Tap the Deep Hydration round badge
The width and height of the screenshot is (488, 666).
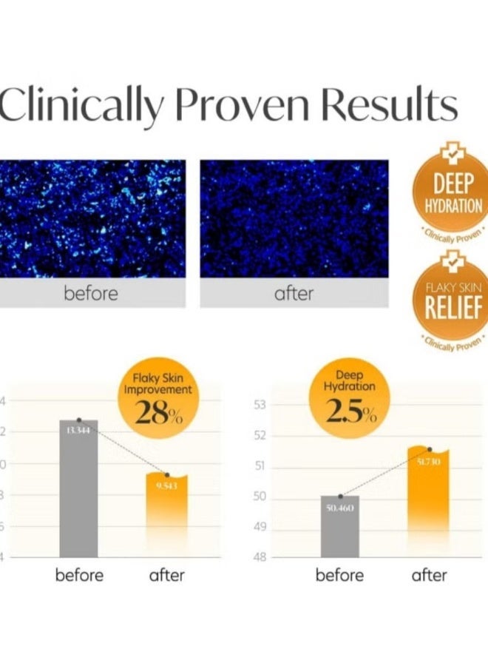[x=453, y=196]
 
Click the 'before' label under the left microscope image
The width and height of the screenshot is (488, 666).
[x=91, y=294]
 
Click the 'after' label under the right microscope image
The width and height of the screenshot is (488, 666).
[x=294, y=294]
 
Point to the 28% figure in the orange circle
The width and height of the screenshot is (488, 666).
[x=157, y=412]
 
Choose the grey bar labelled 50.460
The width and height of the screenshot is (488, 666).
[x=340, y=527]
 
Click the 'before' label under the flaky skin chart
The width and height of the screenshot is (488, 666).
[x=80, y=575]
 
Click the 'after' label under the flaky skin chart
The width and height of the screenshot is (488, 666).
[x=166, y=575]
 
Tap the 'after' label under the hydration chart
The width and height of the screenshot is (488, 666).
[x=429, y=575]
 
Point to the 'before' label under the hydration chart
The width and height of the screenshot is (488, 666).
[x=340, y=575]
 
